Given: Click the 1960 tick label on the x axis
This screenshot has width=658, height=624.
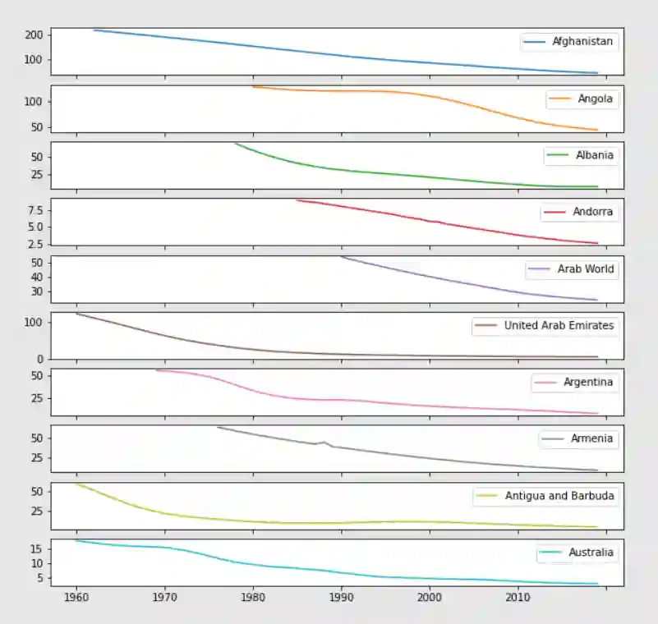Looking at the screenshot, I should pos(76,597).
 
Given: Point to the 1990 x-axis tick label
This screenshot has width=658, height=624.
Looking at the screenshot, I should pos(341,597).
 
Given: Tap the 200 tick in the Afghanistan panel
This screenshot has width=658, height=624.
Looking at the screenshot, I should pos(34,35).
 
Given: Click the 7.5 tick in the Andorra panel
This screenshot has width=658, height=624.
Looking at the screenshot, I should pos(34,211).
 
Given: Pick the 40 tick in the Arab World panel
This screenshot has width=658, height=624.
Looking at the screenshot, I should pos(37,277).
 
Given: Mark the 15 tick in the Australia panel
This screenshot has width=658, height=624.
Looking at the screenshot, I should pos(37,548).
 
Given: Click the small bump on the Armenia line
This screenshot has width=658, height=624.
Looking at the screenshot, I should pos(324,442).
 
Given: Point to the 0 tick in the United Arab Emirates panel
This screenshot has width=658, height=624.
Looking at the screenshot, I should pos(40,359).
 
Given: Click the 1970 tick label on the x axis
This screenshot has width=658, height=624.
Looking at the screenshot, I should pos(164,597).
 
